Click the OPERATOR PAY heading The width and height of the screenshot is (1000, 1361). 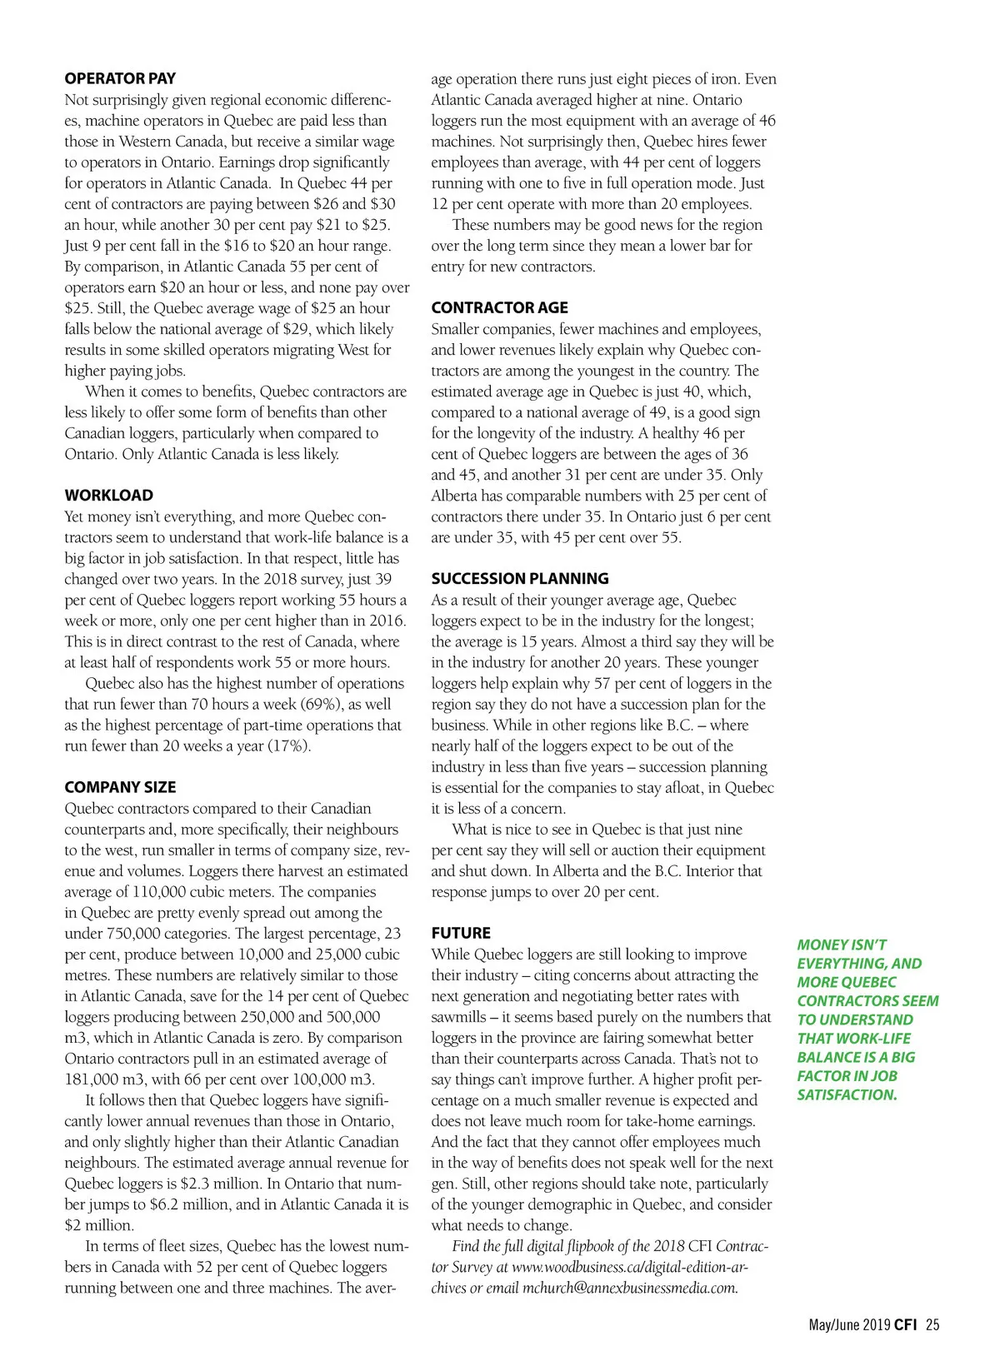tap(120, 78)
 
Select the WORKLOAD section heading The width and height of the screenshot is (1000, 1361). tap(108, 495)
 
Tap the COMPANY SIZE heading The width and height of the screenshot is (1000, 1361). tap(120, 787)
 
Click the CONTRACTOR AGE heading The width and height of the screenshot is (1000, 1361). tap(499, 307)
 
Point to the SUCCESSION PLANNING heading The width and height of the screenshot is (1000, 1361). tap(520, 578)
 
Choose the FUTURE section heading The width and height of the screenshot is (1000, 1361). tap(461, 933)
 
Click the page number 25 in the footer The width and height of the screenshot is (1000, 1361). tap(932, 1324)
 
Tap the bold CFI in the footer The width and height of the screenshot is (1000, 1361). tap(906, 1324)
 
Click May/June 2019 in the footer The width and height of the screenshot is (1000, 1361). tap(849, 1324)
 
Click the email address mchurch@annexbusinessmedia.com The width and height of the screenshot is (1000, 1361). tap(630, 1288)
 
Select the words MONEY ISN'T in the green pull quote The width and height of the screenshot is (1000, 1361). tap(842, 945)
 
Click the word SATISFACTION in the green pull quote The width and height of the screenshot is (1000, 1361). tap(847, 1094)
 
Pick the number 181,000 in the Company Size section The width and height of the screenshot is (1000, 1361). tap(92, 1079)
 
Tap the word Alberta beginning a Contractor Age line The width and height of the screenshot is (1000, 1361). tap(456, 496)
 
